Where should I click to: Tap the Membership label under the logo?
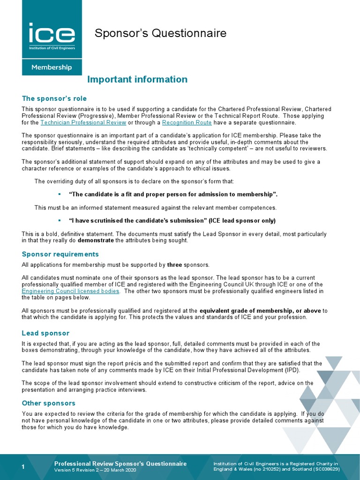point(52,67)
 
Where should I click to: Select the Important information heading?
point(138,80)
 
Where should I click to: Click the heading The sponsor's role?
point(54,98)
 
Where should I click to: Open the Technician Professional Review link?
point(83,123)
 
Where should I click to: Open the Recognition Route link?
point(187,123)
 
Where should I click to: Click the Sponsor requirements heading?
point(60,254)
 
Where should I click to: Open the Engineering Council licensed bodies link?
point(70,291)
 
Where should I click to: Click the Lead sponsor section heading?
point(45,333)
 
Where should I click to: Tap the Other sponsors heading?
point(49,403)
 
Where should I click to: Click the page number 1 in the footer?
point(23,466)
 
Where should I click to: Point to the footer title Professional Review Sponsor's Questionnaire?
point(120,464)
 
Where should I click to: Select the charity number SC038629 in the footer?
point(323,469)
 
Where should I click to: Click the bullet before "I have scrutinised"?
point(60,220)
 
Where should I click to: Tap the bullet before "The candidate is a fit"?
point(60,194)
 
